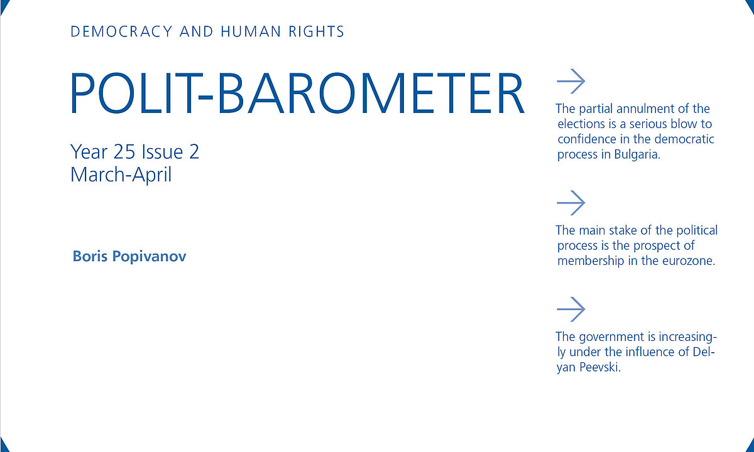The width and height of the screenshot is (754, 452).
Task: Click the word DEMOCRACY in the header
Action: pyautogui.click(x=121, y=31)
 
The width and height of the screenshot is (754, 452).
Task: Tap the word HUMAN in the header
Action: pyautogui.click(x=251, y=31)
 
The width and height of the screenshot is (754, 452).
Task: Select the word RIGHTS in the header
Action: pyautogui.click(x=317, y=31)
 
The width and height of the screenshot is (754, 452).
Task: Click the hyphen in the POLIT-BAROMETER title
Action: pyautogui.click(x=205, y=97)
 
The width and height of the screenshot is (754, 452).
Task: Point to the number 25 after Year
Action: pyautogui.click(x=124, y=152)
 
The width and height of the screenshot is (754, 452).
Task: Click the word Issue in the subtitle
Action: pyautogui.click(x=162, y=152)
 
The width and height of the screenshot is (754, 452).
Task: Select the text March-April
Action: pyautogui.click(x=121, y=175)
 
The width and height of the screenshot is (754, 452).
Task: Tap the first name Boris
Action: pyautogui.click(x=90, y=256)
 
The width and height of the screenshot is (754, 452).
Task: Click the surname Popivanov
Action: pyautogui.click(x=149, y=257)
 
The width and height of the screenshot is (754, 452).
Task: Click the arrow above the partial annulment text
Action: pyautogui.click(x=571, y=82)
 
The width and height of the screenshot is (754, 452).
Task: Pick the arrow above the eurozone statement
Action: pyautogui.click(x=571, y=203)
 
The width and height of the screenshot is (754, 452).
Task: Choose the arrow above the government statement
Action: pyautogui.click(x=571, y=309)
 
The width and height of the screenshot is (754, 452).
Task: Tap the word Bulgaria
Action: pyautogui.click(x=637, y=154)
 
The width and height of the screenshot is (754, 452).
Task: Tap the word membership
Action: pyautogui.click(x=591, y=261)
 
